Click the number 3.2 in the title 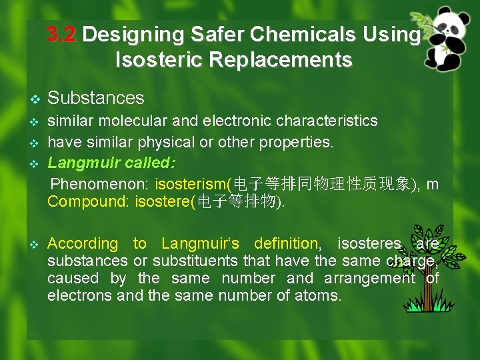(x=62, y=35)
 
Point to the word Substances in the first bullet (x=96, y=98)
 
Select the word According (x=82, y=244)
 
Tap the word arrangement (x=369, y=278)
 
